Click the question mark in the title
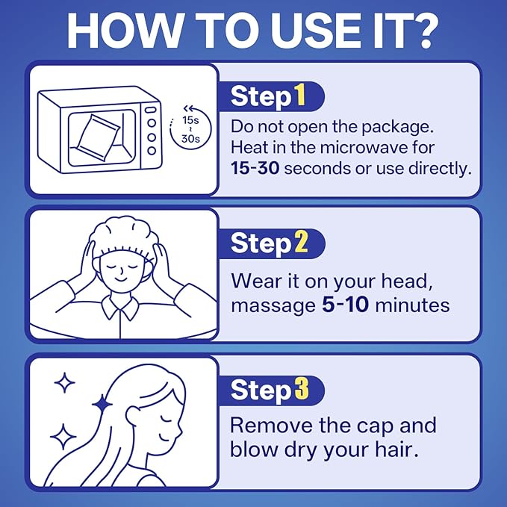click(x=421, y=31)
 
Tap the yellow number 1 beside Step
click(x=299, y=95)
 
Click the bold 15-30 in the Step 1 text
click(x=255, y=169)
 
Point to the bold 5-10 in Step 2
click(x=345, y=305)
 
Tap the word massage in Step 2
click(x=273, y=306)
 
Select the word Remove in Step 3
click(x=271, y=425)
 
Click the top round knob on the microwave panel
click(x=152, y=123)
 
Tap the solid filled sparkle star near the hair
click(x=102, y=405)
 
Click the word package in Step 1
click(x=397, y=127)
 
